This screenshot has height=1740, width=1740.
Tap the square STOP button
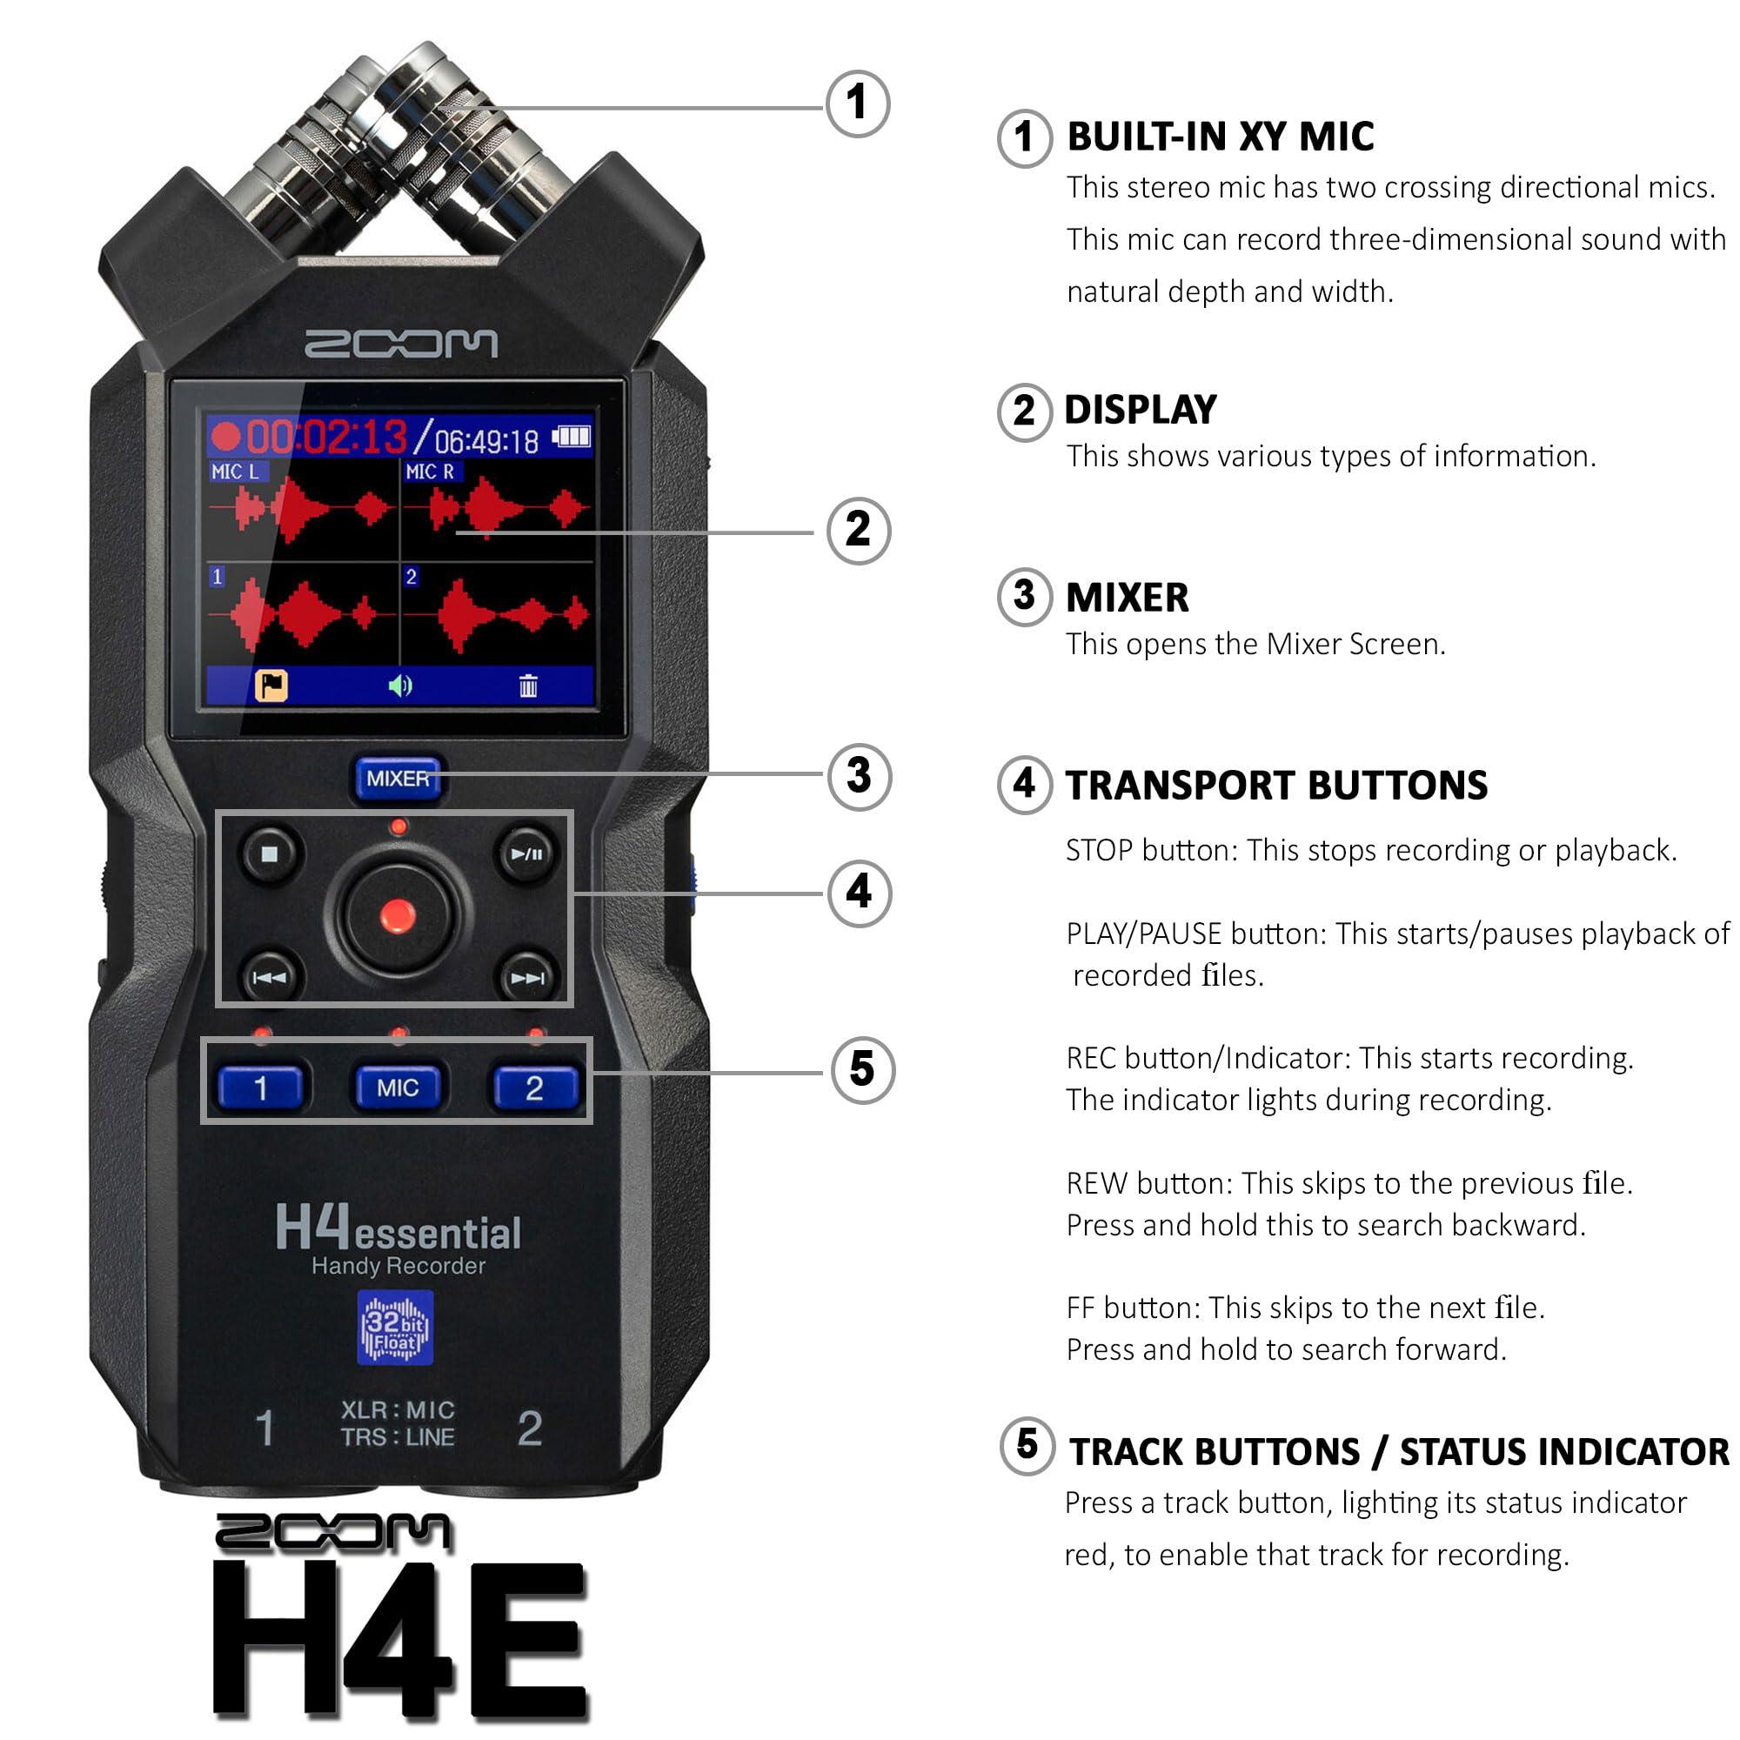coord(270,853)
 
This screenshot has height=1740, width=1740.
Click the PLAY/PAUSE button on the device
coord(527,853)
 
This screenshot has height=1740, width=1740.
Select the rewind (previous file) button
coord(270,977)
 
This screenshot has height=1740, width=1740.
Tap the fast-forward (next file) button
coord(527,977)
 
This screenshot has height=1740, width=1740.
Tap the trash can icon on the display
coord(528,686)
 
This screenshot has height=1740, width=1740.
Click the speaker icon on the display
coord(400,686)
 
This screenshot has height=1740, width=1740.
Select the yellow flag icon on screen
coord(271,686)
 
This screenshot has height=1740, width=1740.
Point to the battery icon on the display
coord(572,438)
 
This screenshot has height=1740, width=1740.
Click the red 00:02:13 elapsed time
coord(326,438)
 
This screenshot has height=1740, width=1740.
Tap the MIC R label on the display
coord(430,471)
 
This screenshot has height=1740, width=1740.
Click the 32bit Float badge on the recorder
coord(395,1328)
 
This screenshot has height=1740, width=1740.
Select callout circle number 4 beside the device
coord(859,893)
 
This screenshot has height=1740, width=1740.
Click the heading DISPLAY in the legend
coord(1140,410)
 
